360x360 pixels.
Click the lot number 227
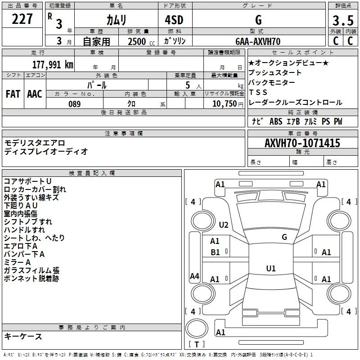[22, 19]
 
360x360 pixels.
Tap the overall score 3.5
[342, 21]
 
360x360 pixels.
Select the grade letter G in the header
[258, 20]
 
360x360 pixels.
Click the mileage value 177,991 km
[53, 64]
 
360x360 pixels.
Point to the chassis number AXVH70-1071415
[302, 143]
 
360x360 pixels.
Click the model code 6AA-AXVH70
[258, 41]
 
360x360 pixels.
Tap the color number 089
[74, 104]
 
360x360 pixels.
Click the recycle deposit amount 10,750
[223, 104]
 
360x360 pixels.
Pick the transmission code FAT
[13, 94]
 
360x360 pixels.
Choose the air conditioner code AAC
[34, 94]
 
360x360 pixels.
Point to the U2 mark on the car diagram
[224, 225]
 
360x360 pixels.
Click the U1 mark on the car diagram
[270, 268]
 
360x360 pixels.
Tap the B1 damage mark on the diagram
[216, 252]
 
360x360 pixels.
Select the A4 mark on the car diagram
[194, 276]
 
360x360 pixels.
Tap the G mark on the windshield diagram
[284, 237]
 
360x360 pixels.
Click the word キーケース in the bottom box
[23, 336]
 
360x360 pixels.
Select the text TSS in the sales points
[258, 92]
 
